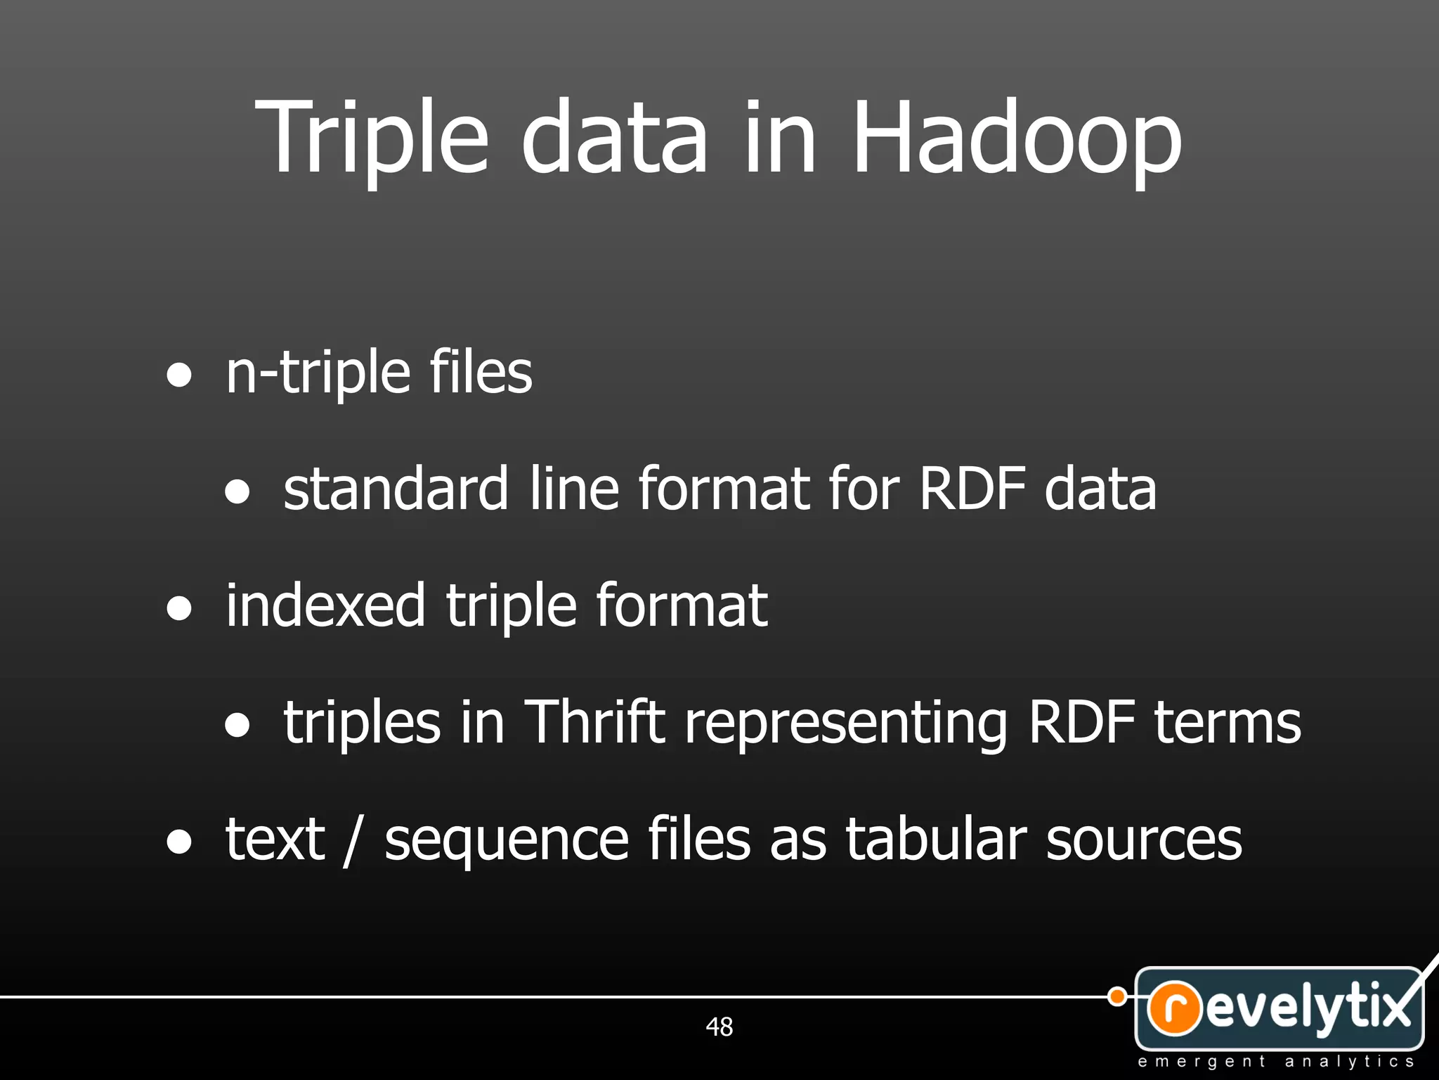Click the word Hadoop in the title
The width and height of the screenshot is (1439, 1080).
tap(1017, 137)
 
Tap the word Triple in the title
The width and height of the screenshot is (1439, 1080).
tap(372, 137)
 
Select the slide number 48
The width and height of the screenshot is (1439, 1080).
tap(719, 1027)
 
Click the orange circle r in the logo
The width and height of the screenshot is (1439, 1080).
tap(1174, 1008)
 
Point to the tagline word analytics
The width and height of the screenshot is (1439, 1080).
tap(1349, 1061)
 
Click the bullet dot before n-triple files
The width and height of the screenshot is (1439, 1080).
tap(179, 374)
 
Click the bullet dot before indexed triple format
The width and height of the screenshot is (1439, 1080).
tap(179, 607)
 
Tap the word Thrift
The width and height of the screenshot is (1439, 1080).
tap(594, 722)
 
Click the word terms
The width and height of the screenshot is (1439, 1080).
tap(1228, 722)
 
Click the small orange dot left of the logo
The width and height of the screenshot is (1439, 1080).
tap(1116, 996)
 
